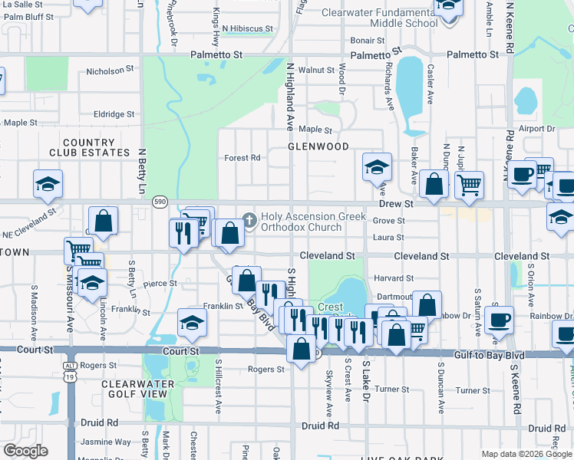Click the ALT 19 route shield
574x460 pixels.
point(71,356)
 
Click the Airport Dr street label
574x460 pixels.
point(536,129)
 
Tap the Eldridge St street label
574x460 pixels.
point(114,114)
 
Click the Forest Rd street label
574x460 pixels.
point(242,158)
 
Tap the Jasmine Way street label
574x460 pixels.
point(107,442)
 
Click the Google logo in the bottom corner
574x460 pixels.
point(25,450)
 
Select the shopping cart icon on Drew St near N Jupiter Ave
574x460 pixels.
point(469,184)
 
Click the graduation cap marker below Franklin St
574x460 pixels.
point(192,322)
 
